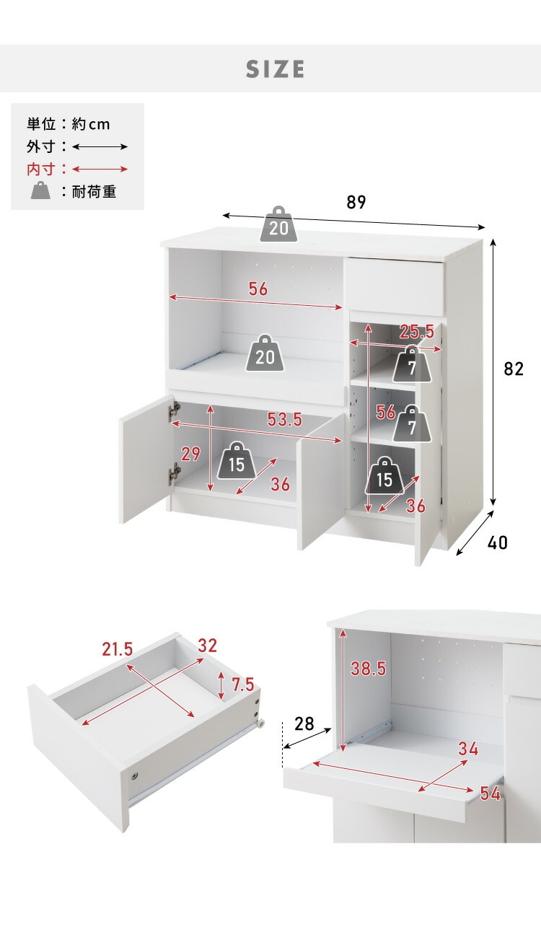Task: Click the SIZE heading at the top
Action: click(x=275, y=69)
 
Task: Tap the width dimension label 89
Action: click(x=356, y=202)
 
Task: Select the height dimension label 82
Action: click(x=513, y=369)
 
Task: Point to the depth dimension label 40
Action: click(x=497, y=542)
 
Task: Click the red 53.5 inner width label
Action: click(x=285, y=420)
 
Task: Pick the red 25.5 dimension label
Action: click(x=417, y=332)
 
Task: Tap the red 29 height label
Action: click(x=190, y=454)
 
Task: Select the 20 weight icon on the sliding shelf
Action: click(x=265, y=353)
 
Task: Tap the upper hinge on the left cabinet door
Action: click(x=174, y=410)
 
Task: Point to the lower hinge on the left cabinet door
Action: click(x=175, y=473)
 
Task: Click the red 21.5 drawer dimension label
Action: click(x=118, y=649)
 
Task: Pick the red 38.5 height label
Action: click(x=369, y=669)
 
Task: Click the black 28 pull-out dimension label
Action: click(x=304, y=724)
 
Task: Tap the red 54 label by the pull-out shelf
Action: click(x=491, y=794)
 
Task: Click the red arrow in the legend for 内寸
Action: click(x=100, y=169)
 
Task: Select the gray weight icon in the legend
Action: click(x=40, y=190)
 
